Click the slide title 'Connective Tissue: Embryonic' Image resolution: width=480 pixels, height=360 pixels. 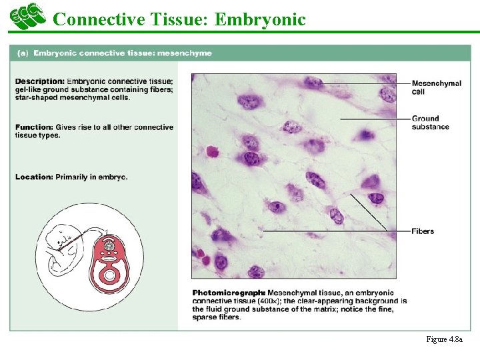pos(179,19)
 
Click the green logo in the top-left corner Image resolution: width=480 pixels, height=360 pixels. pos(27,16)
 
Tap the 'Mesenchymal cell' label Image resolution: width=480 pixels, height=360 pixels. pos(436,87)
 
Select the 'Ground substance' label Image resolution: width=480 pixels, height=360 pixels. pos(430,123)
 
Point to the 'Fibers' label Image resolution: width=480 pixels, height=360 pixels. pos(423,231)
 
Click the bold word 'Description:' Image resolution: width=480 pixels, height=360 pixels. pos(40,81)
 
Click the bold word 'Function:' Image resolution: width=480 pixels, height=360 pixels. pos(34,127)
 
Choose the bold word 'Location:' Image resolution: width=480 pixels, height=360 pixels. pos(34,177)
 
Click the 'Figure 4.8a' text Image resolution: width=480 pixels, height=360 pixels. pos(444,339)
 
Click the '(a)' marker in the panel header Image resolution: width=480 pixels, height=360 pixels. pos(22,53)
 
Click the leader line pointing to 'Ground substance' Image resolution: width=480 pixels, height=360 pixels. pos(373,119)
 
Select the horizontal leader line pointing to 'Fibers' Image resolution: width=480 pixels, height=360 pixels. pos(333,231)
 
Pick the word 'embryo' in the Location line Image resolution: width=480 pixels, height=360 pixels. pos(113,177)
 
